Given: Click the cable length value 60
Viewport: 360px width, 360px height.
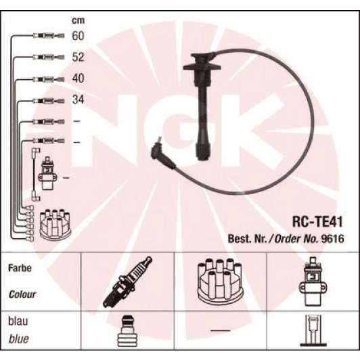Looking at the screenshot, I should tap(78, 35).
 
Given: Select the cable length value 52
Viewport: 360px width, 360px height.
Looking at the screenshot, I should tap(78, 57).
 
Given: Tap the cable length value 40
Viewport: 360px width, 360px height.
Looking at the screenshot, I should tap(78, 78).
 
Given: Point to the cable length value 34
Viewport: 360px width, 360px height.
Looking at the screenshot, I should tap(78, 101).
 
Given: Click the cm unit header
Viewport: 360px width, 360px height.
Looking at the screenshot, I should tap(78, 20).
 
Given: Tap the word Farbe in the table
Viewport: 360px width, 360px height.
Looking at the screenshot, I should tap(20, 268).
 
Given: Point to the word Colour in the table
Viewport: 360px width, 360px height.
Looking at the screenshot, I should tap(22, 295).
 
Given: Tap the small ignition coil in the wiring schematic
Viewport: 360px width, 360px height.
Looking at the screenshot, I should tap(48, 174).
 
